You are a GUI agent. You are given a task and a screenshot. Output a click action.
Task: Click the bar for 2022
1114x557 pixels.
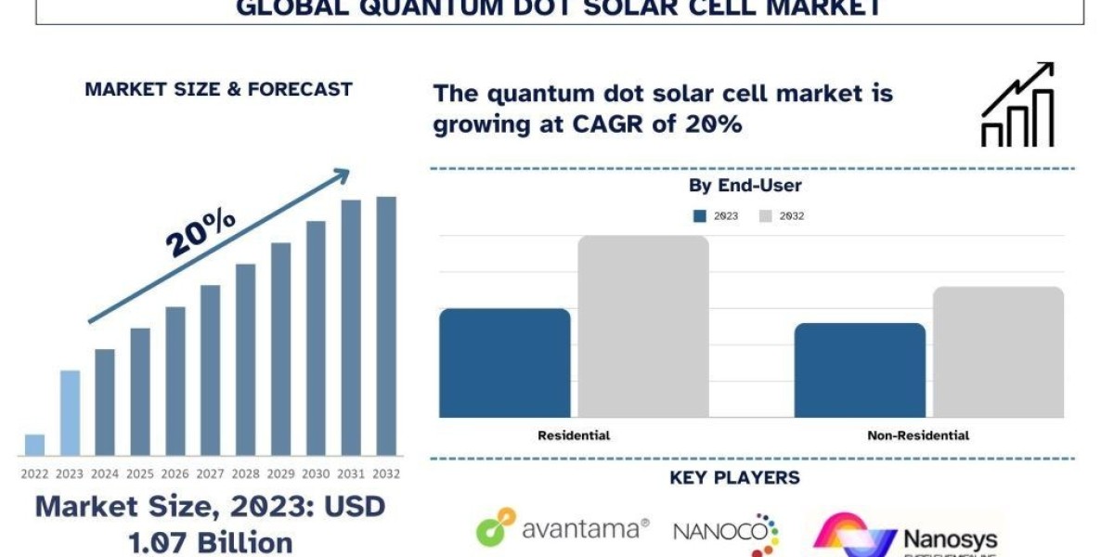click(34, 445)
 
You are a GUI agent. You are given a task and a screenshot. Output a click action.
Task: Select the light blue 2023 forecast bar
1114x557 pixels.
click(70, 413)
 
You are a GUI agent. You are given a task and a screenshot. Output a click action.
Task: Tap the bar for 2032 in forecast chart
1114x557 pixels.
click(385, 326)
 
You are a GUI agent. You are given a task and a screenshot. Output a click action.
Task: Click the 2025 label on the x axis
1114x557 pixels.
click(139, 473)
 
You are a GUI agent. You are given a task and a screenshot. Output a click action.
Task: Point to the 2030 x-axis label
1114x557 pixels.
click(316, 473)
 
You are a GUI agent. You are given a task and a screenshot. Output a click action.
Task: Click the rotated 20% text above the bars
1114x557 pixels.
click(201, 232)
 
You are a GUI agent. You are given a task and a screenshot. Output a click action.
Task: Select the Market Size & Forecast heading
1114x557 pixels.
click(218, 89)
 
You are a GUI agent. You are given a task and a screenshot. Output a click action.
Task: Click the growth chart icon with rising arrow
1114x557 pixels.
click(1017, 105)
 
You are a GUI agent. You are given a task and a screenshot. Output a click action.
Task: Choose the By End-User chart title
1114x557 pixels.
click(745, 186)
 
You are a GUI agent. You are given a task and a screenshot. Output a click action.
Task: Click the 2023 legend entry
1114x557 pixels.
click(716, 216)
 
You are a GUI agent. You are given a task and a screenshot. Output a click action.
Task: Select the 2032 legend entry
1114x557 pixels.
click(782, 216)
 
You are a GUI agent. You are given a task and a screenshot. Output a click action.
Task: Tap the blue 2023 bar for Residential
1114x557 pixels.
click(504, 362)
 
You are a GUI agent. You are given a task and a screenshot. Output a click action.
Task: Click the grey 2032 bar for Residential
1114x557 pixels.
click(643, 326)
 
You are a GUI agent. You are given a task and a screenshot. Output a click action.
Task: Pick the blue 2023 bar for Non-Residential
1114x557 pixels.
click(860, 369)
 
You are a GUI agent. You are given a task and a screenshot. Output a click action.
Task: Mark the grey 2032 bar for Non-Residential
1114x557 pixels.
click(998, 352)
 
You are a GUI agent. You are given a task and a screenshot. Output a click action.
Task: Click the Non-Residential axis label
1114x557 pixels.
click(917, 435)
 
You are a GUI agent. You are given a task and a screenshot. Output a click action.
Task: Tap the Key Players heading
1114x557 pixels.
click(734, 478)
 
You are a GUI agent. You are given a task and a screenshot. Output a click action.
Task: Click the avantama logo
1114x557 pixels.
click(563, 528)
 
